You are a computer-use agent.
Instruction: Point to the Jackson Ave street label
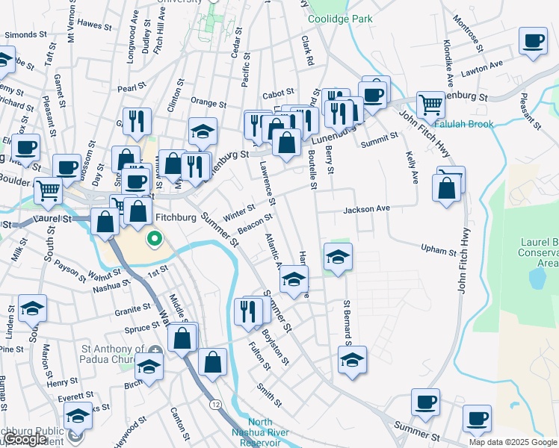click(x=367, y=210)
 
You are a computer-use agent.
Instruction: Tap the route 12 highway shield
click(x=215, y=404)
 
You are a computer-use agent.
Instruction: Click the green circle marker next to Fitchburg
click(x=155, y=239)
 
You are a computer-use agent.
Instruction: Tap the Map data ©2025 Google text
click(x=513, y=442)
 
